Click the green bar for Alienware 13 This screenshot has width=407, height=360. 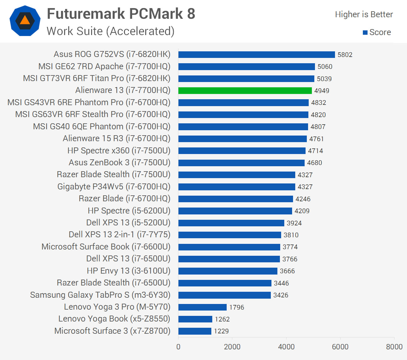(x=245, y=90)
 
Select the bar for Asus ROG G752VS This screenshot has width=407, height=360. (x=256, y=54)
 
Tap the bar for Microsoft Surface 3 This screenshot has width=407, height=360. (x=195, y=331)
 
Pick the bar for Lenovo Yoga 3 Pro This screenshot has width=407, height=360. (x=202, y=307)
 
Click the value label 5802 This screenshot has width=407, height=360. (x=345, y=55)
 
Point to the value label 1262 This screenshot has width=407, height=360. (x=222, y=319)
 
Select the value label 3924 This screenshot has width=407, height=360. (x=294, y=223)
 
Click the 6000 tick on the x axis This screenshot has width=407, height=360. (x=340, y=347)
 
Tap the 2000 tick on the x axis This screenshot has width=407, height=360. (x=232, y=347)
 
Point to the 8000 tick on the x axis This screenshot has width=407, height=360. (x=394, y=347)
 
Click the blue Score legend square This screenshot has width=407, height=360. (x=365, y=33)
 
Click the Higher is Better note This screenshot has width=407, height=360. (x=363, y=14)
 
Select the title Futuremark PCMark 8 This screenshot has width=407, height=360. (x=121, y=14)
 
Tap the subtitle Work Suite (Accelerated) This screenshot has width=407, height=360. (x=111, y=31)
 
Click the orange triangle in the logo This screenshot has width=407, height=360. (x=25, y=21)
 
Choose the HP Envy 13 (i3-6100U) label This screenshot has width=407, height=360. (x=128, y=271)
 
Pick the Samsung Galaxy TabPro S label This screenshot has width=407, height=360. (x=100, y=295)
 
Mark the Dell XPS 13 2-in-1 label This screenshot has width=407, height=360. (x=119, y=234)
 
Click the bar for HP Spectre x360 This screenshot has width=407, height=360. (x=242, y=151)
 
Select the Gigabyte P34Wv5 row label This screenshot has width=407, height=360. (x=114, y=187)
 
